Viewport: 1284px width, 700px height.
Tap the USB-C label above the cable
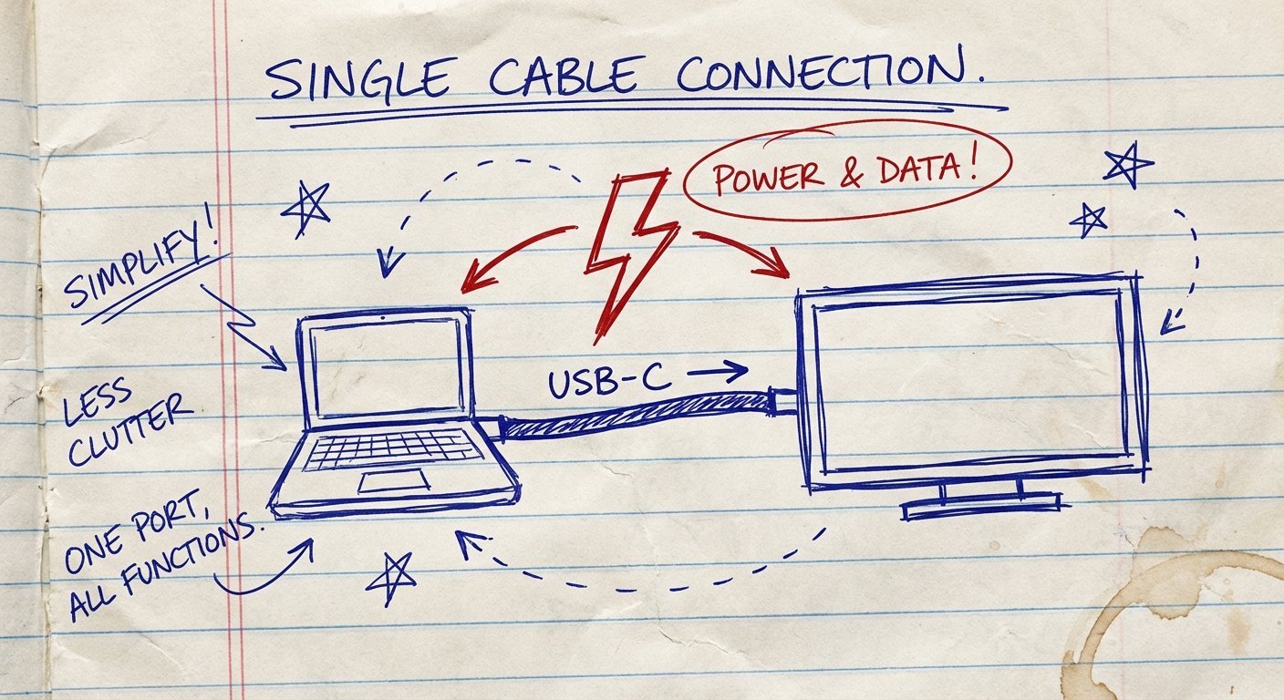pos(607,380)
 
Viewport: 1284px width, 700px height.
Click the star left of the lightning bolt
pos(306,208)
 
